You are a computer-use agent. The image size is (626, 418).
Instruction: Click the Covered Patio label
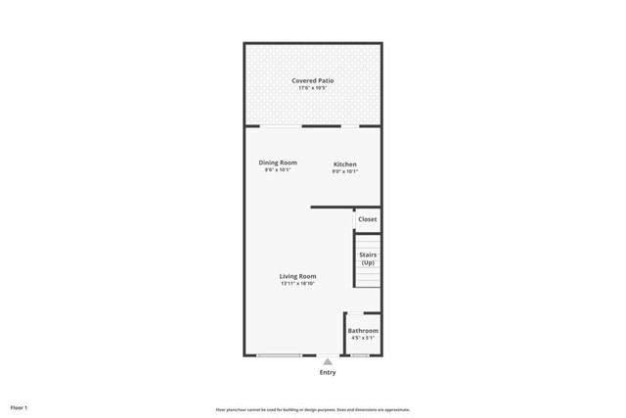(312, 80)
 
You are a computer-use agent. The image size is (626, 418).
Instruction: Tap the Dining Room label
(278, 163)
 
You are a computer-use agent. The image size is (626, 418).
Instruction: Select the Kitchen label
(345, 163)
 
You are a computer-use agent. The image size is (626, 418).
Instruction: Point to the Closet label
(367, 219)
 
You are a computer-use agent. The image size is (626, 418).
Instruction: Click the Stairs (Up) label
(368, 258)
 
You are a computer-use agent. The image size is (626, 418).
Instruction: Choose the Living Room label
(297, 276)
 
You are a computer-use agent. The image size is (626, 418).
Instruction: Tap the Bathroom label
(363, 331)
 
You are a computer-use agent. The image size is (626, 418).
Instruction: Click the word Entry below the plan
(328, 372)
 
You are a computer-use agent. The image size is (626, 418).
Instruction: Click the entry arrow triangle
(328, 361)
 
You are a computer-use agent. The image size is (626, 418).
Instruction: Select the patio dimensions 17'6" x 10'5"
(312, 89)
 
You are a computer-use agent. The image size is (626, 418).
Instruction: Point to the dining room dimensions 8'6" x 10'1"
(278, 170)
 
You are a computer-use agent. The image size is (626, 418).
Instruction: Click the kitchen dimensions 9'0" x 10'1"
(345, 171)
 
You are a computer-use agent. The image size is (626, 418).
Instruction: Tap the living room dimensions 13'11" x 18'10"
(297, 284)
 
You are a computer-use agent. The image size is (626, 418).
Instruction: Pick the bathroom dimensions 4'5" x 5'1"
(363, 339)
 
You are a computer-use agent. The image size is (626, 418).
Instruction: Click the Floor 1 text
(19, 406)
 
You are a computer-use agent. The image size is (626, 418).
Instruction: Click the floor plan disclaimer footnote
(312, 409)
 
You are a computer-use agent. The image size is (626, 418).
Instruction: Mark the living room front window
(279, 355)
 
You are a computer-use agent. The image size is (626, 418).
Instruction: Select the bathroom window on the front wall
(361, 355)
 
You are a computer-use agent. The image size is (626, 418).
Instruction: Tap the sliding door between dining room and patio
(282, 125)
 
